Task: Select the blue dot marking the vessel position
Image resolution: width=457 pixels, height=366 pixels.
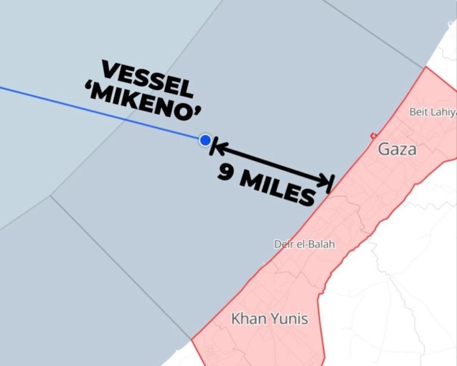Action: (x=205, y=140)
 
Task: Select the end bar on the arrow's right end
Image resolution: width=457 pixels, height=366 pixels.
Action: (x=331, y=184)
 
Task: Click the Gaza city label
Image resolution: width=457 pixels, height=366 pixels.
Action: (x=397, y=149)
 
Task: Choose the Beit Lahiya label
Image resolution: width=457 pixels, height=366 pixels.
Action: (x=433, y=111)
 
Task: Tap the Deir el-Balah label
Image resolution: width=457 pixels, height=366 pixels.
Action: (x=304, y=244)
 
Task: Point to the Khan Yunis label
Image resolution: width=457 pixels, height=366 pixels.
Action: (x=270, y=319)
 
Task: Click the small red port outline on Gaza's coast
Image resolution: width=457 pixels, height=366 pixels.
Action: (x=373, y=136)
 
